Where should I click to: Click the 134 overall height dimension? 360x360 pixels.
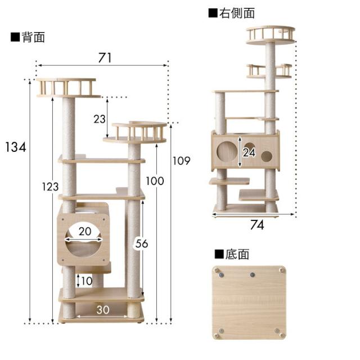click(x=16, y=147)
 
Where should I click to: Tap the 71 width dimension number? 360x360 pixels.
click(x=105, y=57)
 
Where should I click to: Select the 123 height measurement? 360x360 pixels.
click(x=50, y=186)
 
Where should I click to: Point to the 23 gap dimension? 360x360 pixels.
click(x=100, y=119)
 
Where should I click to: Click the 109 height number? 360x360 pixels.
click(x=181, y=161)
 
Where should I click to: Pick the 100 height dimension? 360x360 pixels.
click(x=155, y=181)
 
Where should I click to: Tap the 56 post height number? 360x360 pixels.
click(x=142, y=244)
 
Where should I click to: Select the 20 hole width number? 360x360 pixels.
click(x=85, y=231)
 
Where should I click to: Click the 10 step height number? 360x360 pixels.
click(x=87, y=281)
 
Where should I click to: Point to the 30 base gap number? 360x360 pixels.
click(x=102, y=310)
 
